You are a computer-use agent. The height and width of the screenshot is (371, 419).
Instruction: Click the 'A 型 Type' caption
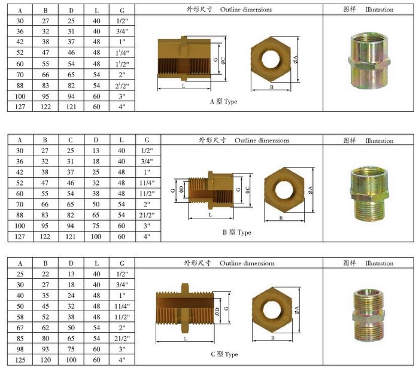[x=223, y=102]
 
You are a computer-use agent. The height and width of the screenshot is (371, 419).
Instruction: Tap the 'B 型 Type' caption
[x=237, y=232]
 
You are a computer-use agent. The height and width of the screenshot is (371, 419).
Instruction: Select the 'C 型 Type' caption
[x=224, y=354]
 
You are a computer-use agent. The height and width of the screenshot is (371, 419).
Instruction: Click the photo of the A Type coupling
[x=369, y=61]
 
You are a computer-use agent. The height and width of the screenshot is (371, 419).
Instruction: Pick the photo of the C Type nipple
[x=369, y=315]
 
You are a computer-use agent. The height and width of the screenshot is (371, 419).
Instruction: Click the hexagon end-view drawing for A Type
[x=271, y=59]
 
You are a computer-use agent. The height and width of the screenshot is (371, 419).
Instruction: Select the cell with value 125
[x=20, y=360]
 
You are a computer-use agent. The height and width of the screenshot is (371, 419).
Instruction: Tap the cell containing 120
[x=45, y=360]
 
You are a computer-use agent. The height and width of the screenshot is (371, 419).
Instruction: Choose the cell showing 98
[x=20, y=349]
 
